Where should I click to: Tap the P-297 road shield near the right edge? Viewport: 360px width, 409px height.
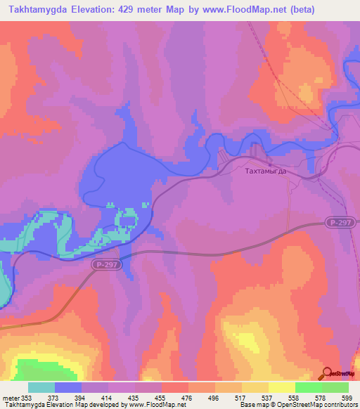point(340,222)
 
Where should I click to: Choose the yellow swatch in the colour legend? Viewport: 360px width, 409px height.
point(281,388)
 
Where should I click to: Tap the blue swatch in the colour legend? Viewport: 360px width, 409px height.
point(68,388)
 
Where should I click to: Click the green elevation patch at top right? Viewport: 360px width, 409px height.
point(307,93)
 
